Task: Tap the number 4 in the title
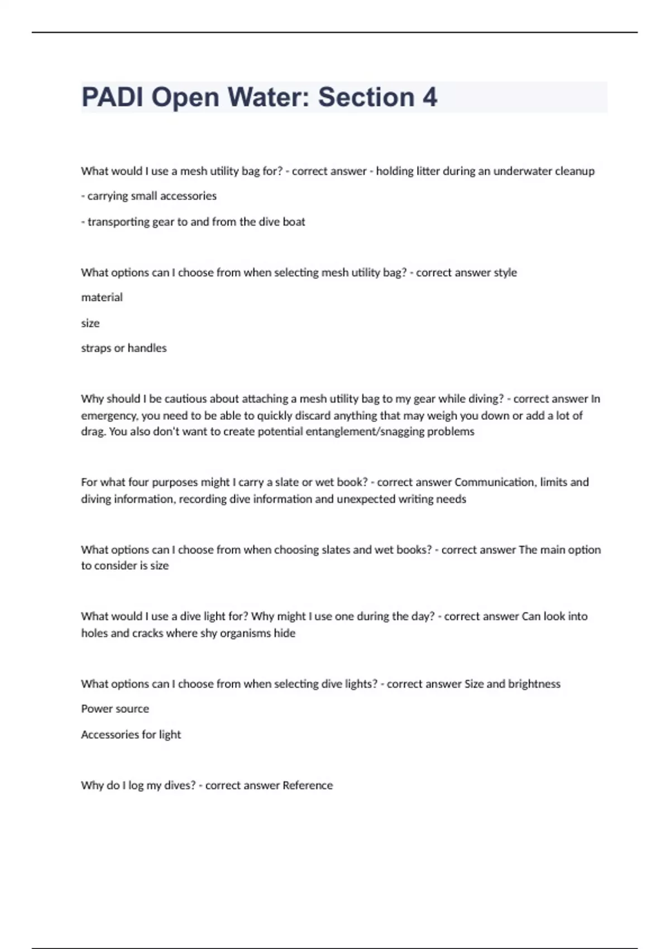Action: pos(429,97)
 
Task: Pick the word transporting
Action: pos(118,222)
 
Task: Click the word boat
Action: pos(294,222)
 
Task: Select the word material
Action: pos(102,298)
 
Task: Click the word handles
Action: pos(147,348)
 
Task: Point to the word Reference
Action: pos(308,785)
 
